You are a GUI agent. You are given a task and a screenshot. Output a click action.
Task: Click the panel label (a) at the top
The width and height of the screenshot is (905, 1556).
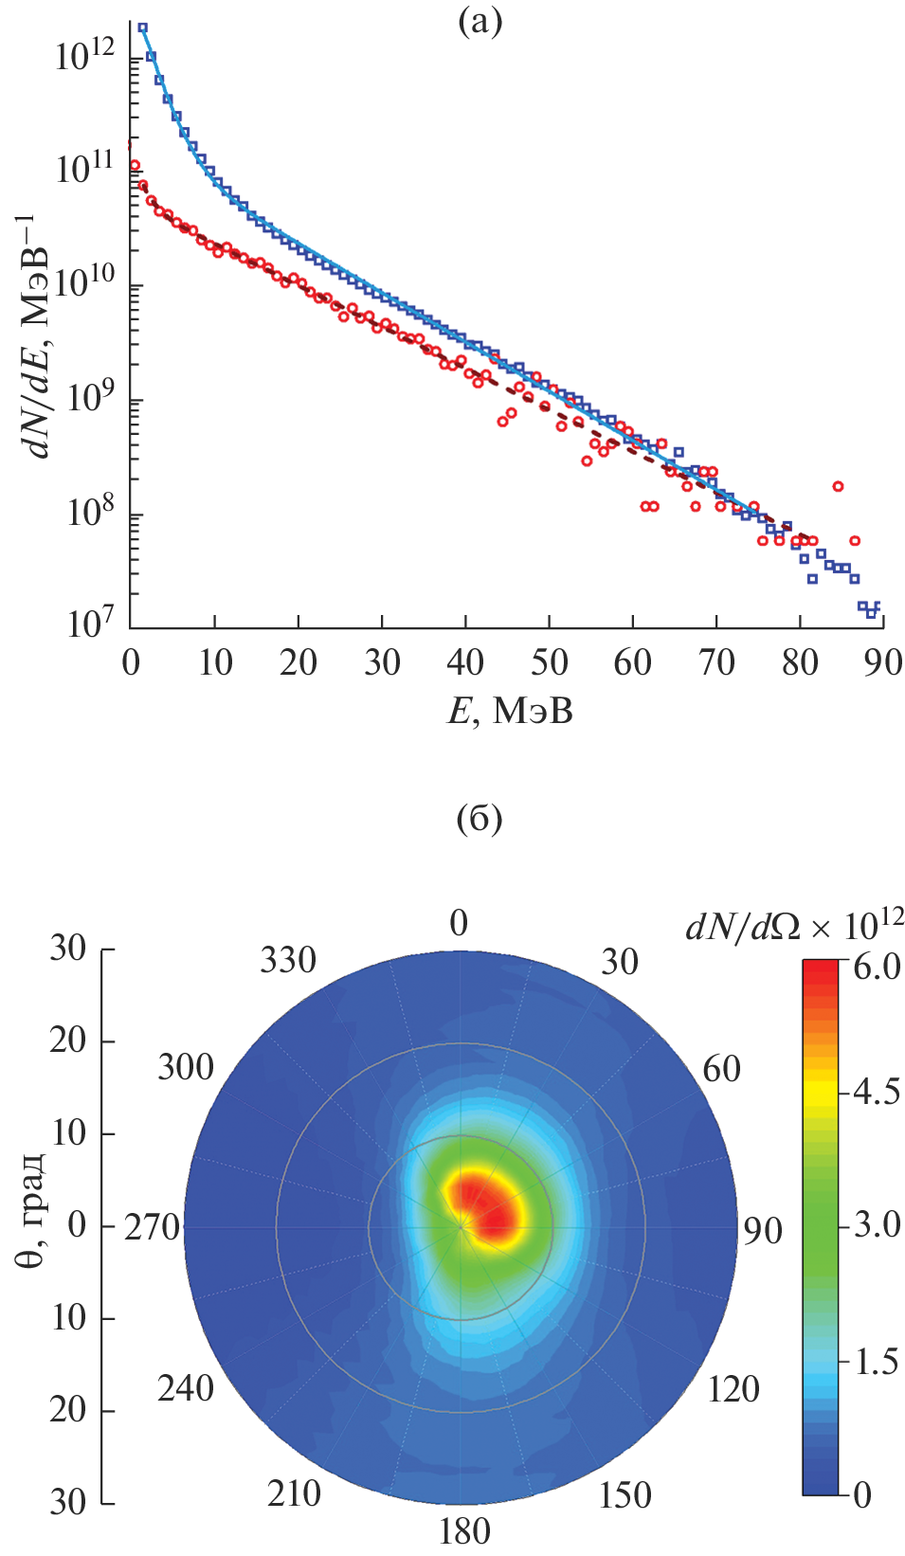(x=480, y=21)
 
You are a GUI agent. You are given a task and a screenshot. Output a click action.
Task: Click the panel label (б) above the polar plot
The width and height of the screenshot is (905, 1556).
(x=480, y=819)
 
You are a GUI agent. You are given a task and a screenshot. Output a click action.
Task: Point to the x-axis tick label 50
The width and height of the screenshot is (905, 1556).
(x=550, y=662)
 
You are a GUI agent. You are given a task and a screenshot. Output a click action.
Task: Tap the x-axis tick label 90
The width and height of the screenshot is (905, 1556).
(x=882, y=662)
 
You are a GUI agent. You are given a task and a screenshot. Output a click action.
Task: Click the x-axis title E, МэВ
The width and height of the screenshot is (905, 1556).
(x=510, y=710)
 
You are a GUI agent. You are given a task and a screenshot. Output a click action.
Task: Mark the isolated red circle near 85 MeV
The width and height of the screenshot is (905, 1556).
(x=838, y=486)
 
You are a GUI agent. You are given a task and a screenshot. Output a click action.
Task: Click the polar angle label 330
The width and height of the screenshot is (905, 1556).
(x=288, y=960)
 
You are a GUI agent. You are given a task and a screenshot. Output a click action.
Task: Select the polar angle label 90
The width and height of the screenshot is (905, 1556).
(x=762, y=1230)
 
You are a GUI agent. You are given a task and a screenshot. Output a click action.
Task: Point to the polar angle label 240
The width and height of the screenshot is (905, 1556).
(x=186, y=1388)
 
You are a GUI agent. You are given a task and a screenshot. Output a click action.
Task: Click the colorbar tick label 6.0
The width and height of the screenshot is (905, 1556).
(x=877, y=967)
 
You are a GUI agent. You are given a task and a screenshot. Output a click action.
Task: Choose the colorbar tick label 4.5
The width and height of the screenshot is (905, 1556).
(x=877, y=1092)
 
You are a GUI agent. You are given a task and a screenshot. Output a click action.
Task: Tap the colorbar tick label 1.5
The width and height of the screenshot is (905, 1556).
(x=877, y=1362)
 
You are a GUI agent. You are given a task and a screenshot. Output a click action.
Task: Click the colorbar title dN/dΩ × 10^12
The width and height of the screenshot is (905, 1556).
(x=794, y=925)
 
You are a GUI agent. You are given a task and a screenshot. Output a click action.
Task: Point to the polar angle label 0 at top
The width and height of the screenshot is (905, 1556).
(x=459, y=922)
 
